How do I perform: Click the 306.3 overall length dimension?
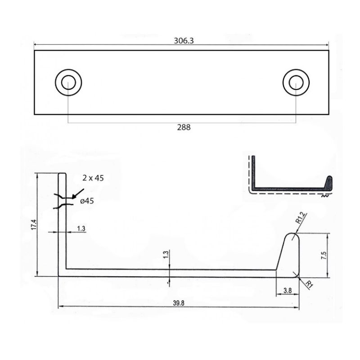[184, 40]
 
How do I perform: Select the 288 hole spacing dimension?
[184, 127]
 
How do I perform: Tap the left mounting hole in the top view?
[68, 82]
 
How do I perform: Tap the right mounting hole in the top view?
[296, 82]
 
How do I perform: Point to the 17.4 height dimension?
[34, 225]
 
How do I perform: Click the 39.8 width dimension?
[179, 303]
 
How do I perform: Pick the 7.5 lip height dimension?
[324, 256]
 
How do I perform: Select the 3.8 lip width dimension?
[288, 291]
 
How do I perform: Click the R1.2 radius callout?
[301, 218]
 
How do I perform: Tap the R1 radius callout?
[309, 284]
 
